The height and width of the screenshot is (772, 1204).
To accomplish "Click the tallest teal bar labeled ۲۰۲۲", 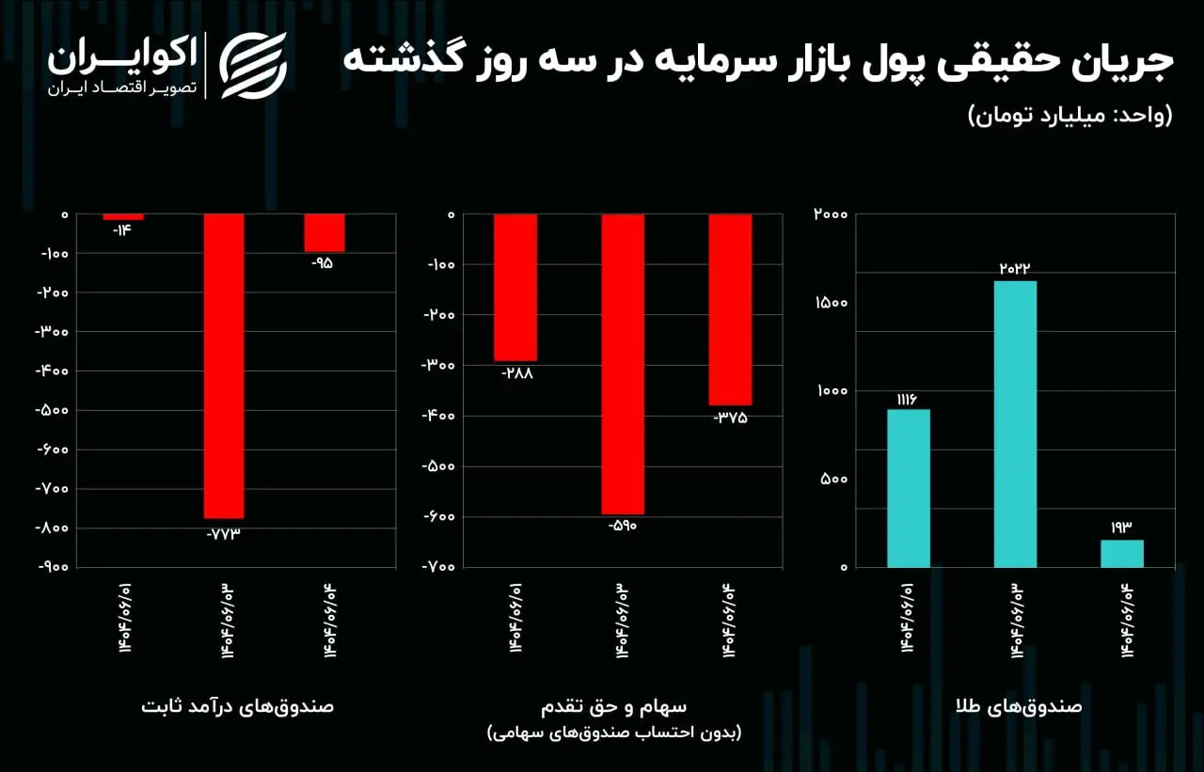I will [x=1015, y=423].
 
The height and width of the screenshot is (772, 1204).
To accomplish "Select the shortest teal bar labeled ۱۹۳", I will [x=1122, y=553].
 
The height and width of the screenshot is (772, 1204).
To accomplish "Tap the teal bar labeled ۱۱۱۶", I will [x=908, y=488].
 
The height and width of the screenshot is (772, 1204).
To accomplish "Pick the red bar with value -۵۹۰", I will [x=623, y=364].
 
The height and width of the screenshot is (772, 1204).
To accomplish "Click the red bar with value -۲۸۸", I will [x=515, y=287].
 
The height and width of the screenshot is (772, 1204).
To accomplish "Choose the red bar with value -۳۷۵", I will [x=730, y=309].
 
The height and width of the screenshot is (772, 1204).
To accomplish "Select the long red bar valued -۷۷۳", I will [x=224, y=366].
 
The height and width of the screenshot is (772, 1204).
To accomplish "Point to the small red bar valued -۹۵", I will [x=324, y=232].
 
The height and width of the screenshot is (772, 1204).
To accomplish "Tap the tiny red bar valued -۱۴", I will [x=123, y=217].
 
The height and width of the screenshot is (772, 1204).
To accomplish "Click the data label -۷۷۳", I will [x=224, y=533].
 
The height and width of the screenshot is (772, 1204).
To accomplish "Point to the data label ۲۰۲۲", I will [x=1015, y=268].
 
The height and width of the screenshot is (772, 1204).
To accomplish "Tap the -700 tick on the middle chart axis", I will [x=438, y=567].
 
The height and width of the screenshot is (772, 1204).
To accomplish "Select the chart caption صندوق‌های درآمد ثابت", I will [x=238, y=706].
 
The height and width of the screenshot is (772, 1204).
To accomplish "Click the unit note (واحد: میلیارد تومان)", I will [x=1070, y=116].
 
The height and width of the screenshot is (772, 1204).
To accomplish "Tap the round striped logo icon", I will [x=252, y=66].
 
